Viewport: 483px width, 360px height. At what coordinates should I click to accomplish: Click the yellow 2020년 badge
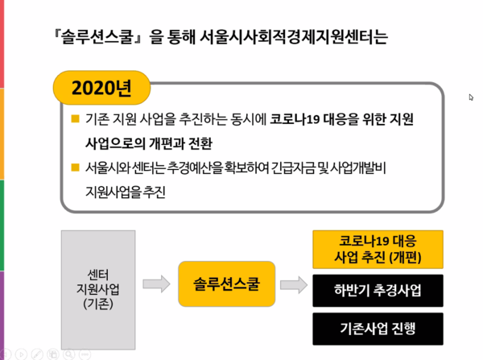point(101,88)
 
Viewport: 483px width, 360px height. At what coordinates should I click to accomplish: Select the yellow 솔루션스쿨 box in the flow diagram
point(227,283)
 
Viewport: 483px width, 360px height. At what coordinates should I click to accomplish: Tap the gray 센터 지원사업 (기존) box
point(98,290)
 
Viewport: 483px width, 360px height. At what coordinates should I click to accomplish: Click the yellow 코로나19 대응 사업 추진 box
point(378,250)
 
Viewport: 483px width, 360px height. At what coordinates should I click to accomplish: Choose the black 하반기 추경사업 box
point(378,291)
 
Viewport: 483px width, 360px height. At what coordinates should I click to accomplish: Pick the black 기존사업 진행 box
point(378,329)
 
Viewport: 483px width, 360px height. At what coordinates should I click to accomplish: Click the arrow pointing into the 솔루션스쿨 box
point(156,283)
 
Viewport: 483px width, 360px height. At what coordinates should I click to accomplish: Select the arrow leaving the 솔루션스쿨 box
point(294,284)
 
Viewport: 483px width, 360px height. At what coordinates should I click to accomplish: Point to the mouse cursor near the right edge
point(471,97)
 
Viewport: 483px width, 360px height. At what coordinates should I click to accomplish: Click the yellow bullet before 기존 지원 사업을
point(75,118)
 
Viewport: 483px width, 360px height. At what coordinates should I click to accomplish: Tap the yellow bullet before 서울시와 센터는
point(75,167)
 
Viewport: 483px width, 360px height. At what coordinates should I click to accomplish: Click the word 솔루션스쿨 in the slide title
point(97,37)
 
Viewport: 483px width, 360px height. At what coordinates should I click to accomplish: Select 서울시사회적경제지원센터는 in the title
point(294,37)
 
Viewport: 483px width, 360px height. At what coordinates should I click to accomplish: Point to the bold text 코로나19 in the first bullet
point(295,119)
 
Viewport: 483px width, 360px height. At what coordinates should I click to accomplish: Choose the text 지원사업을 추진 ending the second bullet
point(126,192)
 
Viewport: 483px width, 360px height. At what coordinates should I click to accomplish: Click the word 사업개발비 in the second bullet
point(358,168)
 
